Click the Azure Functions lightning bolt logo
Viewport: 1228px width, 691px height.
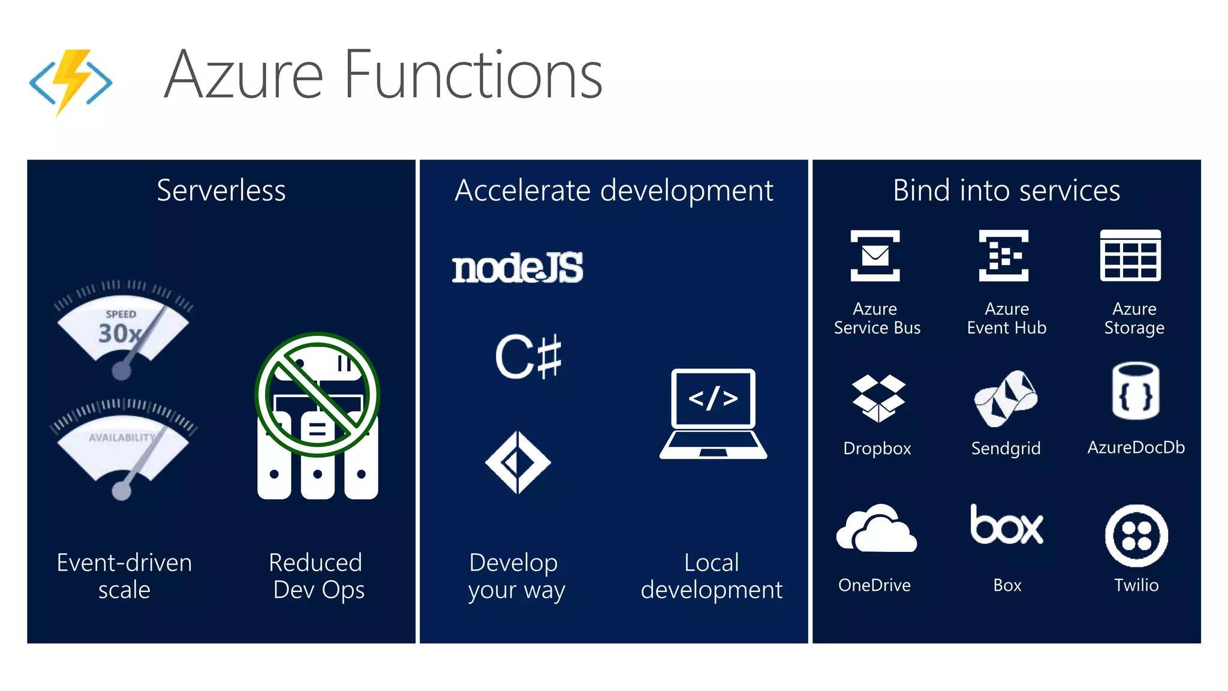[71, 81]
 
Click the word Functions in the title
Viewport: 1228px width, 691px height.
[473, 76]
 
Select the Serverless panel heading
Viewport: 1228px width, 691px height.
[221, 191]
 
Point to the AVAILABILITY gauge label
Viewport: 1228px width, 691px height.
[121, 437]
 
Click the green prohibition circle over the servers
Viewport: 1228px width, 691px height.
[317, 395]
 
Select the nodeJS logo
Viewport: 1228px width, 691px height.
[517, 268]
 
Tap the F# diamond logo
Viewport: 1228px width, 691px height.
[517, 462]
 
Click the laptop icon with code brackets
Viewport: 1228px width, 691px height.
[713, 414]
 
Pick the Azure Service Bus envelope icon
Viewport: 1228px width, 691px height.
[875, 256]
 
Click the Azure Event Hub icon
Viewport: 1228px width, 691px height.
[1004, 256]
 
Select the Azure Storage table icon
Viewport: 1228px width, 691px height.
[1130, 256]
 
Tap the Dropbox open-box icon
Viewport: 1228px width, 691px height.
[878, 398]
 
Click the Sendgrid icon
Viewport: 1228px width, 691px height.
[1006, 398]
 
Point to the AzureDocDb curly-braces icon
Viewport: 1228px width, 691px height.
[1136, 391]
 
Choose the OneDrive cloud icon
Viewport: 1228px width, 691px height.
[876, 528]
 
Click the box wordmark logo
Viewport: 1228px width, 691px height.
[1007, 525]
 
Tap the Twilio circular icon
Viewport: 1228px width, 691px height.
[1136, 536]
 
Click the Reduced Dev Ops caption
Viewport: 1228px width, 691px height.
[317, 576]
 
